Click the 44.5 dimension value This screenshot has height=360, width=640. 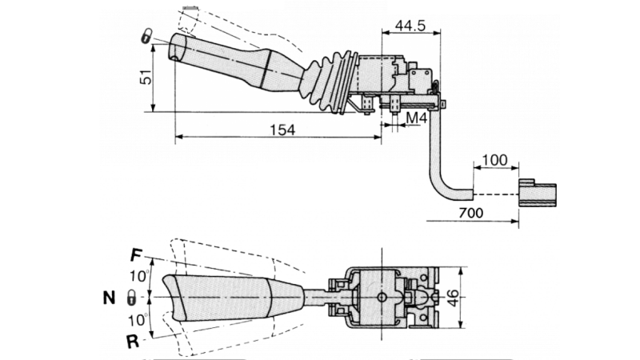(x=410, y=26)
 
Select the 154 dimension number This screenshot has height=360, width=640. (x=281, y=130)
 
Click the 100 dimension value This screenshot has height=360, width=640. (x=494, y=161)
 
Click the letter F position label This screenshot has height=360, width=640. (x=136, y=256)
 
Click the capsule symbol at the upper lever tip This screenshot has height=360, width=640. (x=148, y=36)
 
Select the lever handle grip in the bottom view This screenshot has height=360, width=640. (x=224, y=298)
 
